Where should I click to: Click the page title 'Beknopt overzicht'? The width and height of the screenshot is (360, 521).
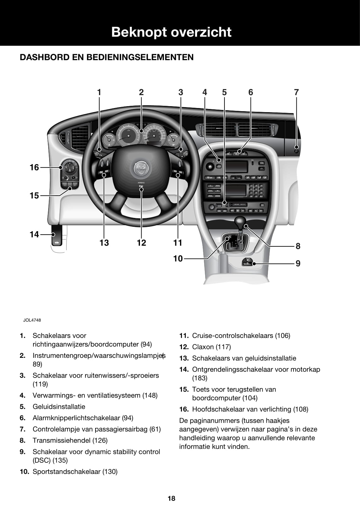[x=171, y=32]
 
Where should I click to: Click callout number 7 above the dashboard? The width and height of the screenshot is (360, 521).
[x=296, y=92]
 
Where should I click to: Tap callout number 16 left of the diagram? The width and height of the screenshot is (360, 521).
[x=34, y=167]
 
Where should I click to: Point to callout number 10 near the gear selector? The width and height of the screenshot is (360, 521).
[x=178, y=259]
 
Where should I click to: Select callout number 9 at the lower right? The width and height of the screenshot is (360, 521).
[x=298, y=263]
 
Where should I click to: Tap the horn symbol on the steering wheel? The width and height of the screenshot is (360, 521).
[x=141, y=188]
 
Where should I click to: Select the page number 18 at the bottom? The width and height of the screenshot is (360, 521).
[x=171, y=498]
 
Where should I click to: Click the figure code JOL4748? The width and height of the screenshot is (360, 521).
[x=32, y=320]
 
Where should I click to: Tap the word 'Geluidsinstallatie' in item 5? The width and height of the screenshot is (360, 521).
[x=59, y=407]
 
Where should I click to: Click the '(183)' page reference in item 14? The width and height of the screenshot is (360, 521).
[x=200, y=378]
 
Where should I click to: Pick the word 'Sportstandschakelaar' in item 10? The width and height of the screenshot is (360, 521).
[x=67, y=472]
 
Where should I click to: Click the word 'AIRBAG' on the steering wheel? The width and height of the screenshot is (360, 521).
[x=141, y=183]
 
